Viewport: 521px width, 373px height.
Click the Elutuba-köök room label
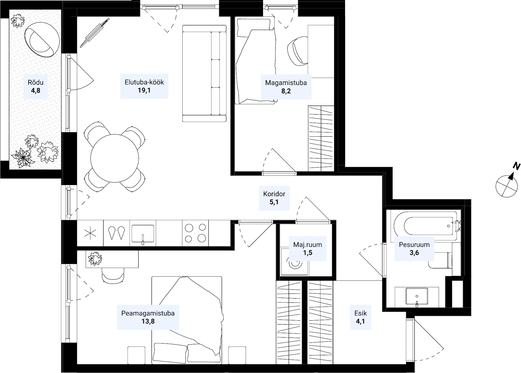click(144, 82)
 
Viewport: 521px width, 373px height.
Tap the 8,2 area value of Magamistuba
click(286, 91)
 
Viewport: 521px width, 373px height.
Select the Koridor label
click(274, 194)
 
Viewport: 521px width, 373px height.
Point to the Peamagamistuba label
click(148, 313)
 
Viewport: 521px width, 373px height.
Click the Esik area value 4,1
click(360, 321)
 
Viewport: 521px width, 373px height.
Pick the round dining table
click(115, 158)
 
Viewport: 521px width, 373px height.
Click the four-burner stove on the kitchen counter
click(195, 233)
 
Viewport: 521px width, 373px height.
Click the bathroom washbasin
click(417, 296)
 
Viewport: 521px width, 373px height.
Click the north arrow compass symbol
click(507, 186)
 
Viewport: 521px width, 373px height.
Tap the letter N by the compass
click(516, 166)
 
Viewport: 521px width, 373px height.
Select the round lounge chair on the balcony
click(42, 40)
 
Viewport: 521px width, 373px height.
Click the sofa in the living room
click(204, 74)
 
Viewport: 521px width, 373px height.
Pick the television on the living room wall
click(95, 33)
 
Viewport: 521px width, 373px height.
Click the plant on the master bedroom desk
click(95, 259)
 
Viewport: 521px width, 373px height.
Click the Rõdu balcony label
click(36, 83)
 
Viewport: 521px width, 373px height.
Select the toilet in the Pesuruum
click(440, 260)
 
